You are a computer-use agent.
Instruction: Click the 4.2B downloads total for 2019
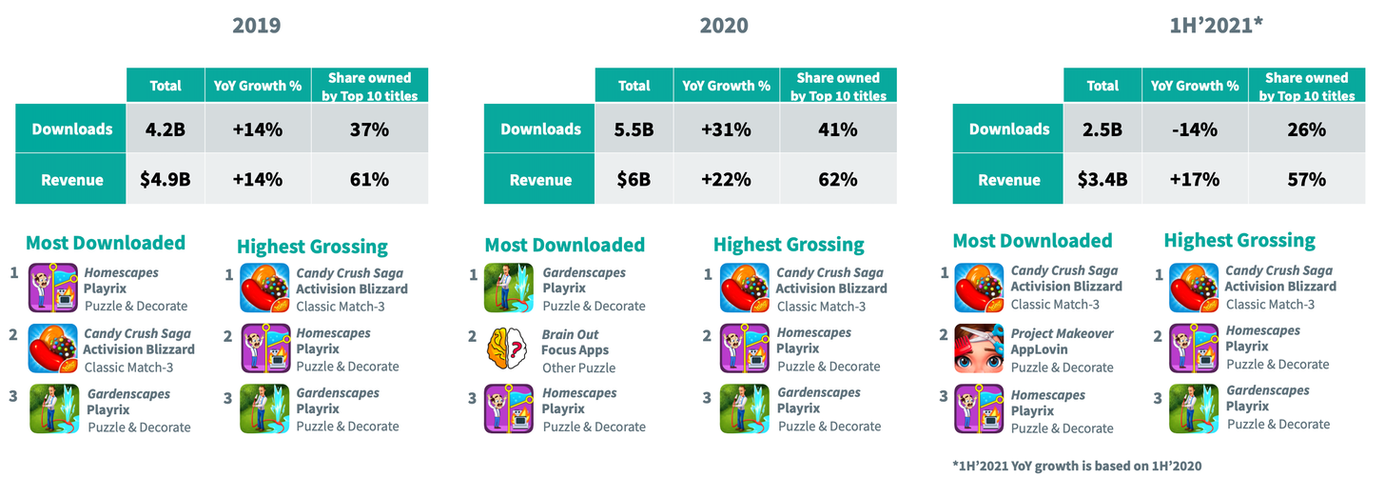tap(166, 129)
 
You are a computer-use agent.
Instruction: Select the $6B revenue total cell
tap(634, 180)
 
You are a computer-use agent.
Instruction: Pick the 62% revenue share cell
tap(837, 180)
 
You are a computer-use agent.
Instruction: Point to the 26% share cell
tap(1306, 129)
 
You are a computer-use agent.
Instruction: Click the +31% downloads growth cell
tap(726, 129)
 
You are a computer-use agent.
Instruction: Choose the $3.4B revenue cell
tap(1102, 180)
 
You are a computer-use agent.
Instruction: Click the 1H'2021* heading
tap(1216, 26)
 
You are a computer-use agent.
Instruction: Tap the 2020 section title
tap(723, 26)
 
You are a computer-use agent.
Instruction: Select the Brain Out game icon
tap(511, 349)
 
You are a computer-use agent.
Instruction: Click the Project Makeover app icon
tap(979, 349)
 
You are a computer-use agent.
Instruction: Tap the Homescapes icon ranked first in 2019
tap(53, 288)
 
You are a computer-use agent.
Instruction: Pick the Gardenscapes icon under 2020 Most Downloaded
tap(511, 288)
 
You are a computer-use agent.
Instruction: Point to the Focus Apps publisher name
tap(575, 350)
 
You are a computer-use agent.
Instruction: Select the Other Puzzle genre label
tap(579, 367)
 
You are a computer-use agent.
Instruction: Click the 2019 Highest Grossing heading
tap(312, 247)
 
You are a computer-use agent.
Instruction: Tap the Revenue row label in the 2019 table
tap(72, 180)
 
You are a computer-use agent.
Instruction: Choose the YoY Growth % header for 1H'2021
tap(1195, 86)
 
